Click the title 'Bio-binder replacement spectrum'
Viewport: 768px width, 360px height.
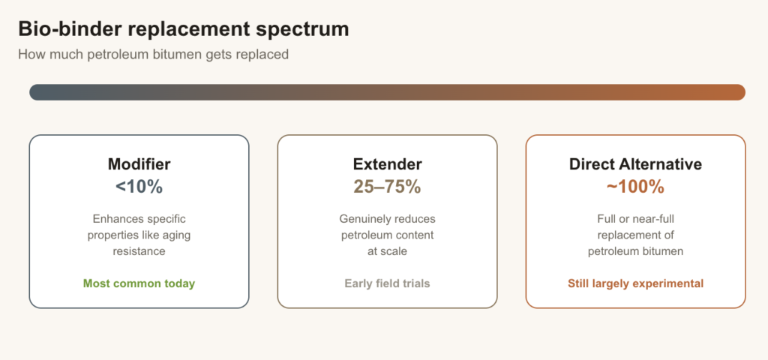coord(184,29)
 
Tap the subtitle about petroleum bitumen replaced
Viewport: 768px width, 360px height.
coord(153,54)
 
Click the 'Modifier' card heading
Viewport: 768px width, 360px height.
coord(139,164)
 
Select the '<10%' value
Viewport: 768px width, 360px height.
coord(139,187)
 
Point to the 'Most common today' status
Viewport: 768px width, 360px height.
coord(139,283)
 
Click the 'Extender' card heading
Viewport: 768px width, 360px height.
coord(388,164)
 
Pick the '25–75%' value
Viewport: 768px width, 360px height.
coord(388,187)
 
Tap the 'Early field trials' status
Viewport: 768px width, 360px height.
coord(388,283)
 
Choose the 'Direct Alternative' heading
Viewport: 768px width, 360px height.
coord(636,164)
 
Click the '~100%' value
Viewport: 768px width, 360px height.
coord(636,187)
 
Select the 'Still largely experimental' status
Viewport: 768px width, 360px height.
coord(636,283)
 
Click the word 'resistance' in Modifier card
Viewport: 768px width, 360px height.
coord(139,252)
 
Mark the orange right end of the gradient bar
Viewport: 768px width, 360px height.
coord(738,92)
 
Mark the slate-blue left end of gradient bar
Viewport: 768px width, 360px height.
coord(37,92)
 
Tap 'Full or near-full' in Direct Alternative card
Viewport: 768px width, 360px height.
coord(636,219)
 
